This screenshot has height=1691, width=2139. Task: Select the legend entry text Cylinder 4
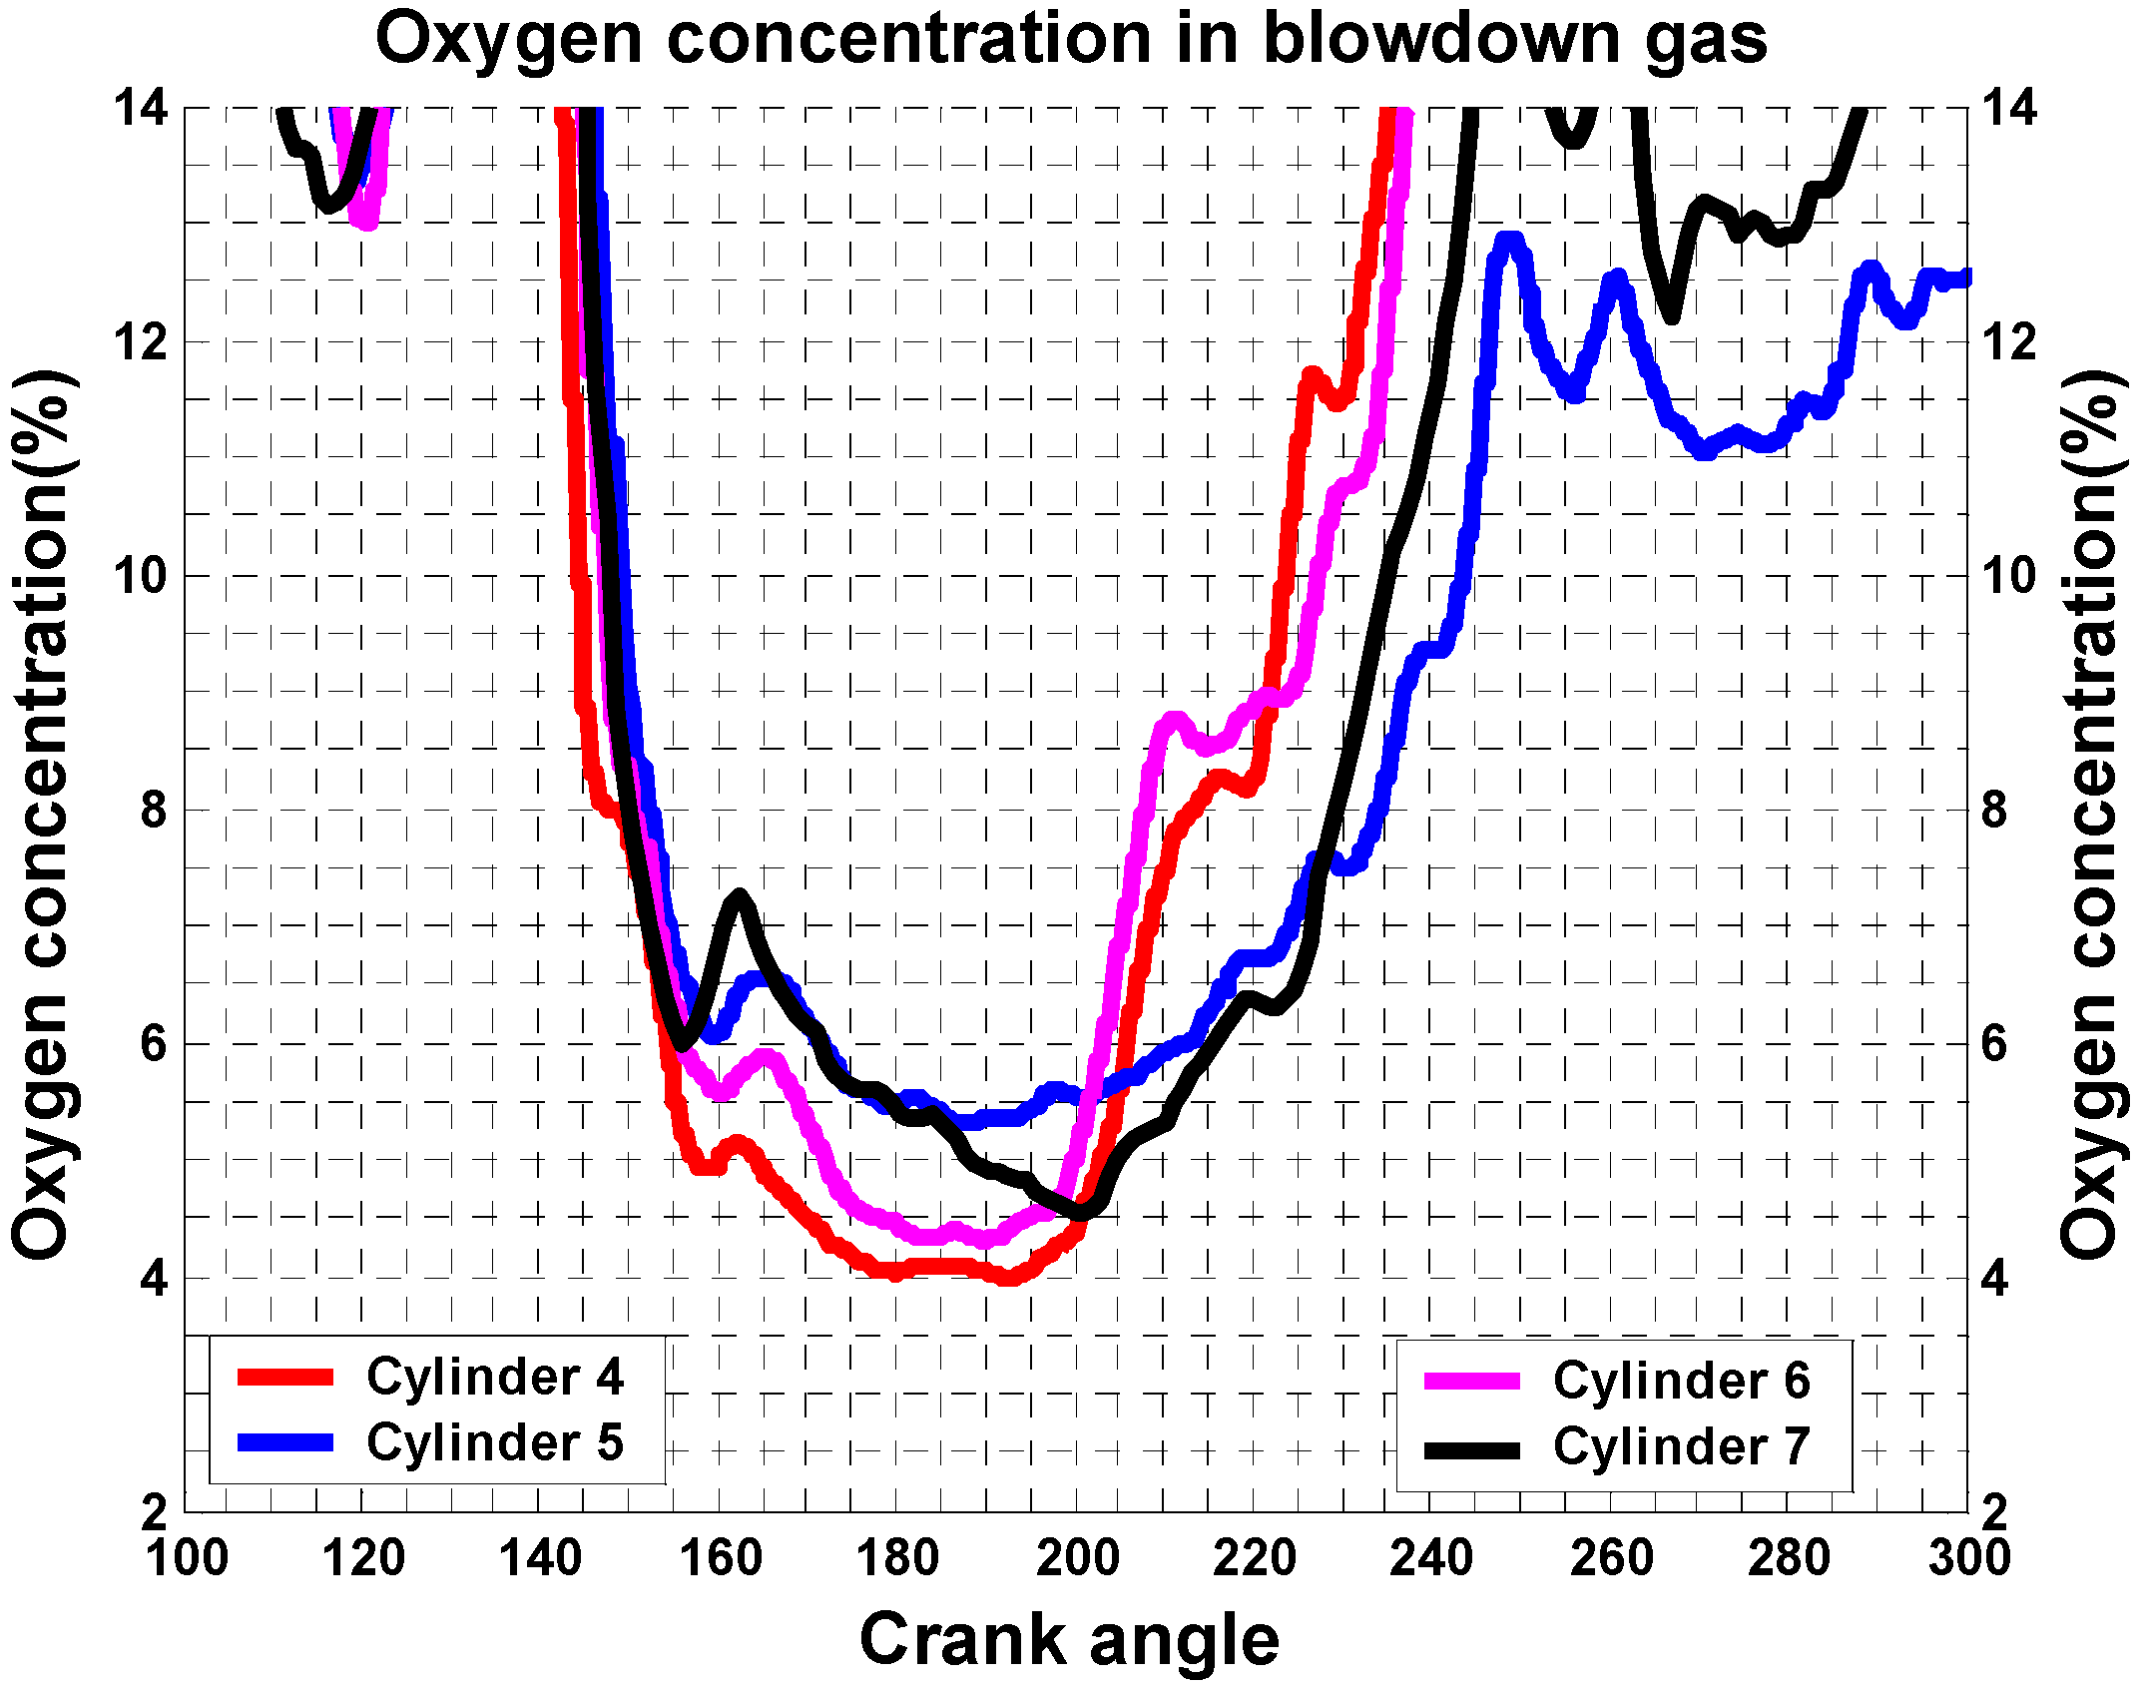pyautogui.click(x=494, y=1378)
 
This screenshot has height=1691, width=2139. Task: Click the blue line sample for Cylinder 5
pyautogui.click(x=285, y=1442)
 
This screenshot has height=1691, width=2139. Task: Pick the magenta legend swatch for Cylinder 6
pyautogui.click(x=1472, y=1382)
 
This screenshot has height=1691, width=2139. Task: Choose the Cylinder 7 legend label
pyautogui.click(x=1681, y=1446)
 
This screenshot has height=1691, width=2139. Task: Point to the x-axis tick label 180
pyautogui.click(x=897, y=1558)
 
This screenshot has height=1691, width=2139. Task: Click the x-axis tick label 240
pyautogui.click(x=1431, y=1558)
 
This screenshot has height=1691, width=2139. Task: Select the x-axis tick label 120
pyautogui.click(x=363, y=1558)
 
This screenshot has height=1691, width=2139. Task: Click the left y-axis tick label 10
pyautogui.click(x=139, y=576)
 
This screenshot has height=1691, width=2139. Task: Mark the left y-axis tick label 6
pyautogui.click(x=153, y=1044)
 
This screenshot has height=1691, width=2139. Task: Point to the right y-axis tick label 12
pyautogui.click(x=2008, y=342)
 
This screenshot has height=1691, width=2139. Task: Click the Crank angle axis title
pyautogui.click(x=1069, y=1640)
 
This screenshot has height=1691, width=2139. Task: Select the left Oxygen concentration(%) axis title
pyautogui.click(x=42, y=814)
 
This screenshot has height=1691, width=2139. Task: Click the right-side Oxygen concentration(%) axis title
pyautogui.click(x=2090, y=814)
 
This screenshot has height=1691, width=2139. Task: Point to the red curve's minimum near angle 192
pyautogui.click(x=1008, y=1277)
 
